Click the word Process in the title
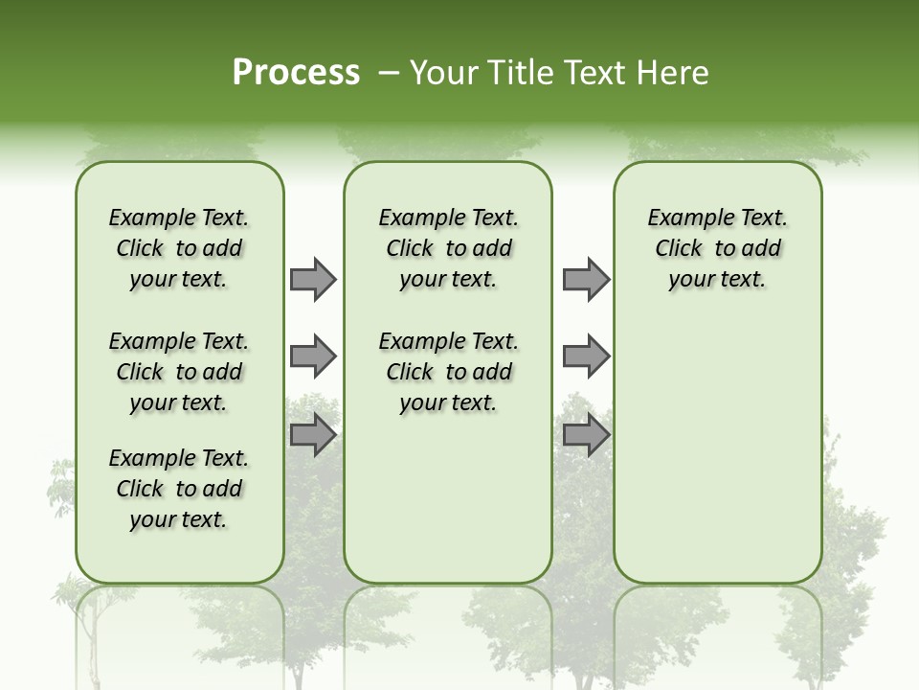click(296, 72)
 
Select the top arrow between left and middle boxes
click(313, 280)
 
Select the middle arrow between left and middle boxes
click(313, 356)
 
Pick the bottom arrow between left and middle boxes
click(313, 435)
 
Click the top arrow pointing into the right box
click(586, 280)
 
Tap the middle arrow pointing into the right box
click(586, 356)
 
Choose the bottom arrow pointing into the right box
click(586, 435)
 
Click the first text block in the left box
click(179, 248)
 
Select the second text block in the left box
click(179, 372)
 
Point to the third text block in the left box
click(179, 489)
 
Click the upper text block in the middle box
click(448, 248)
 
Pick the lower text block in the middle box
click(448, 372)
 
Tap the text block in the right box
click(717, 248)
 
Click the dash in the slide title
click(389, 72)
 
